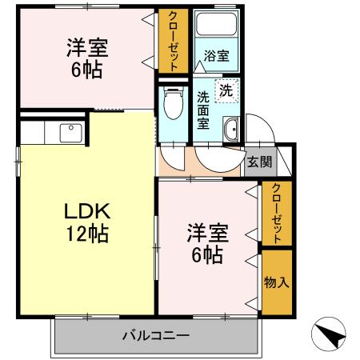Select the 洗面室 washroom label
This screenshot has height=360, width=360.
click(x=203, y=111)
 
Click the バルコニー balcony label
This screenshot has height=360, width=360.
click(x=155, y=334)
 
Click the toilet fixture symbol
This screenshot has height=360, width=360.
click(x=170, y=102)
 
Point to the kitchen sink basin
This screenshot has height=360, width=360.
click(x=68, y=132)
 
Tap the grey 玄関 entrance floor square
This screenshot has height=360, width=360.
click(x=259, y=162)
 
